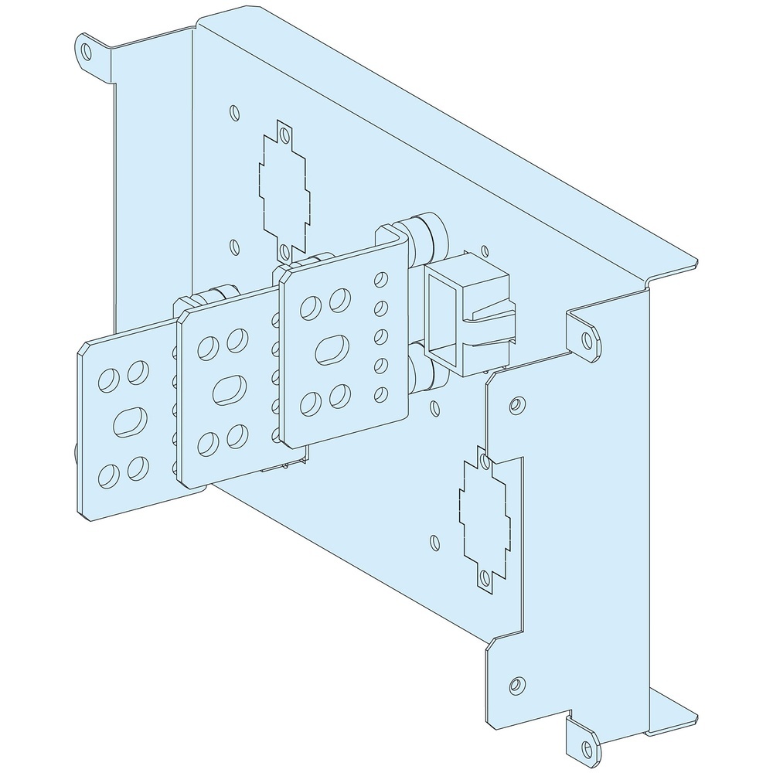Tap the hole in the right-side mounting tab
[x=588, y=338]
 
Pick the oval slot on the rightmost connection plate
[x=331, y=349]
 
